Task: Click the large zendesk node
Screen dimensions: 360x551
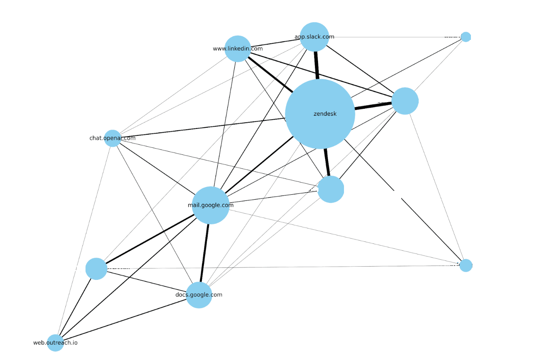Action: click(320, 114)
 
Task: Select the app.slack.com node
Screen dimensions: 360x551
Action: click(314, 37)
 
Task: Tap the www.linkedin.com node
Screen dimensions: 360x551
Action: click(238, 49)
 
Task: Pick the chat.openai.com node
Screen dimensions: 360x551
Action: click(113, 138)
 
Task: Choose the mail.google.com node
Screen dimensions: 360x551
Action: click(210, 205)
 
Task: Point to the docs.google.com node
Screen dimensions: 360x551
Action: click(199, 295)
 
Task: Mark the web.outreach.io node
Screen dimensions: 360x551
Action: click(55, 343)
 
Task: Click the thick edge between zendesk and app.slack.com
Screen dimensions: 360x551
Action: click(317, 65)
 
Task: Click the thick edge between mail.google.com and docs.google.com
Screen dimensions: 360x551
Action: click(205, 253)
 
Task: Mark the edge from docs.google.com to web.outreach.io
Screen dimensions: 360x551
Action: click(124, 320)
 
